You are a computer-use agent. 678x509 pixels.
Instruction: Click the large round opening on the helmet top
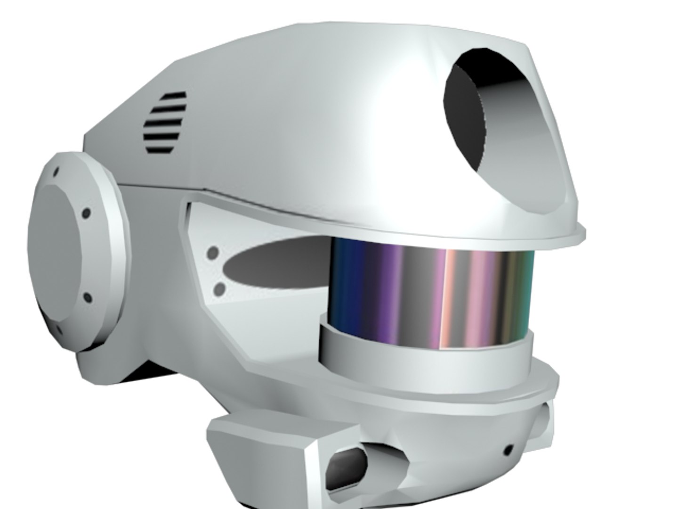pos(485,113)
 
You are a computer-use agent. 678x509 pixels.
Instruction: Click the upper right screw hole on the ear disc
pos(86,213)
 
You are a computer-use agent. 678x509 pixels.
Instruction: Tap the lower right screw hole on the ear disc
pos(87,298)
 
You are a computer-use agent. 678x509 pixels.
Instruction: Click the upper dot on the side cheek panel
pos(213,253)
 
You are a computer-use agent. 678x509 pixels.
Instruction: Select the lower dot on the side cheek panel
pos(219,288)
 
